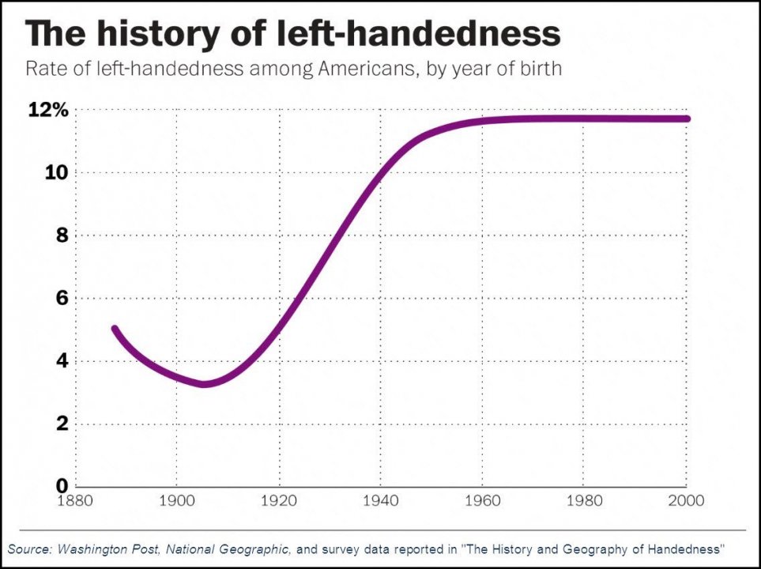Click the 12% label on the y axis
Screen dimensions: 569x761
[x=48, y=111]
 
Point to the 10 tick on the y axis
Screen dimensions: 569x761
[x=56, y=173]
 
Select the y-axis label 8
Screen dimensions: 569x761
[x=61, y=236]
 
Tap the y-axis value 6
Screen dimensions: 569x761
[x=61, y=299]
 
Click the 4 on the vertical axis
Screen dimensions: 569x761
[x=61, y=361]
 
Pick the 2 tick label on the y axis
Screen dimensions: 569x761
[x=61, y=424]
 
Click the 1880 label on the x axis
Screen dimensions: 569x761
[x=75, y=500]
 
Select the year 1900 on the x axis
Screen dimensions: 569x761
[x=176, y=500]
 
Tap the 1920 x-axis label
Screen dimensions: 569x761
[x=278, y=500]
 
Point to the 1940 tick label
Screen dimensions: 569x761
[x=380, y=500]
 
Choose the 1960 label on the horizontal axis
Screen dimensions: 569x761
[x=482, y=500]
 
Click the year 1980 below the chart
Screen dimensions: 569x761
[x=584, y=500]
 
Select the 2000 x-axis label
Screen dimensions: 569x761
[x=685, y=500]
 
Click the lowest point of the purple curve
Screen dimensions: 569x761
[x=205, y=384]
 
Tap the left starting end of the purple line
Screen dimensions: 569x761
[x=115, y=329]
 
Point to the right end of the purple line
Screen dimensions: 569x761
[x=686, y=119]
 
